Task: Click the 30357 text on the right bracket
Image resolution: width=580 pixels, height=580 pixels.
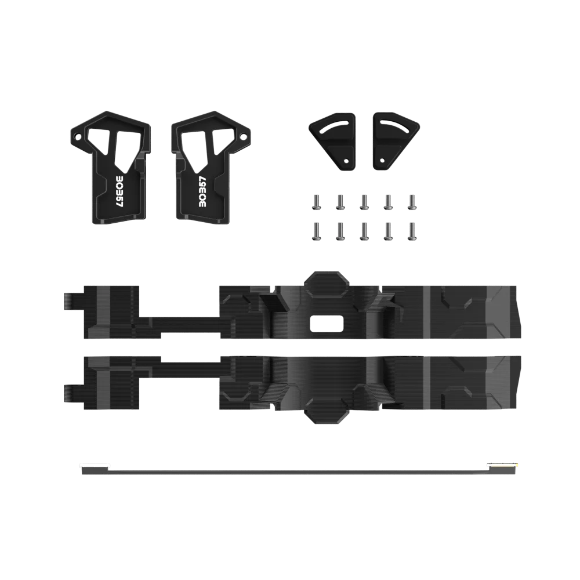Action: [x=203, y=191]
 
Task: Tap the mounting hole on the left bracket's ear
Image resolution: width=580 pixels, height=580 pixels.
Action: [x=78, y=137]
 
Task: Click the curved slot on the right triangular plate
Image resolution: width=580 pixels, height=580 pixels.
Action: [x=394, y=126]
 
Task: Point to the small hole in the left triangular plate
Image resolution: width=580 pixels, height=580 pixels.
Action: [x=346, y=161]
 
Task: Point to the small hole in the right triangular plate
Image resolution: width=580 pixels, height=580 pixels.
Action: [x=382, y=161]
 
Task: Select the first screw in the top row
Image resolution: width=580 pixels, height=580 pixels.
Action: [x=316, y=202]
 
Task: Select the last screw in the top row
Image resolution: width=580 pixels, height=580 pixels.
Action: [x=411, y=202]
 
